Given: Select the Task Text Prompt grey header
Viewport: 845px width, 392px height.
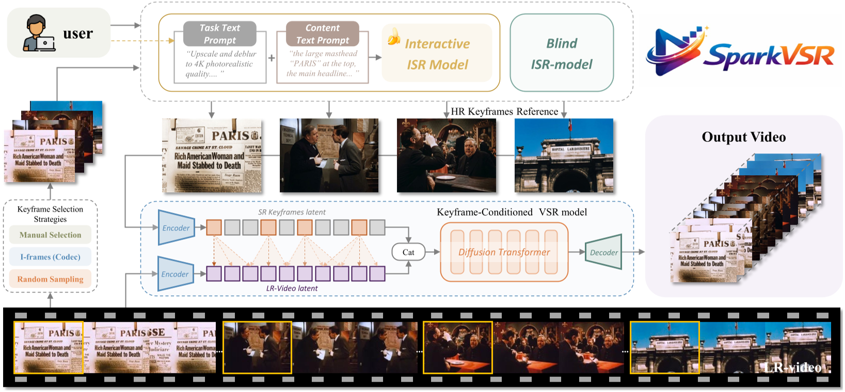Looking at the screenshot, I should pyautogui.click(x=220, y=34).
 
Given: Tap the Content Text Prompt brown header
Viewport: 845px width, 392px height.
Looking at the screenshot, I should pyautogui.click(x=323, y=34).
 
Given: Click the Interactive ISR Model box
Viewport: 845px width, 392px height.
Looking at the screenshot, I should pyautogui.click(x=437, y=54).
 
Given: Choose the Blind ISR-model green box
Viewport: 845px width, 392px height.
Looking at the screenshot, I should pyautogui.click(x=562, y=53).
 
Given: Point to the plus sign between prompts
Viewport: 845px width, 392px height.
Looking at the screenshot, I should pyautogui.click(x=272, y=58).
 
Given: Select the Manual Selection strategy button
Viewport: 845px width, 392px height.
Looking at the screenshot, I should pyautogui.click(x=50, y=235).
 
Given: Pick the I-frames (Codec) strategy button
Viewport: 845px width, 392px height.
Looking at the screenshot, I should pyautogui.click(x=50, y=257).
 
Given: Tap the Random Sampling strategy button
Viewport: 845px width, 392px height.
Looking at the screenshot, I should pyautogui.click(x=50, y=279).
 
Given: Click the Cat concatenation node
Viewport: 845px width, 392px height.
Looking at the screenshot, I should pyautogui.click(x=408, y=252).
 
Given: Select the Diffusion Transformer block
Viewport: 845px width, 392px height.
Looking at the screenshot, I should pyautogui.click(x=504, y=252).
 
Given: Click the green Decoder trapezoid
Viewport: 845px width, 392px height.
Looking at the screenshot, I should pyautogui.click(x=603, y=252).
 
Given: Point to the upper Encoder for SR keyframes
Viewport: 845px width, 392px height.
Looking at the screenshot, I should pyautogui.click(x=176, y=228).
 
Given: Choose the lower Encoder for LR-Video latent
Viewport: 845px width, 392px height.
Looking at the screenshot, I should pyautogui.click(x=175, y=274).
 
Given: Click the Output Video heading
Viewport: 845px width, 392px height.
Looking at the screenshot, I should pyautogui.click(x=743, y=137).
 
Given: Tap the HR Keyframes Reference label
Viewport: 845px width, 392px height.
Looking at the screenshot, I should pyautogui.click(x=504, y=112).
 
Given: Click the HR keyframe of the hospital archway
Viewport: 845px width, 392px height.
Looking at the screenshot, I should pyautogui.click(x=564, y=155).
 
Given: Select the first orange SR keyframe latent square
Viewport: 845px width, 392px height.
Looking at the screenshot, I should pyautogui.click(x=214, y=228).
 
